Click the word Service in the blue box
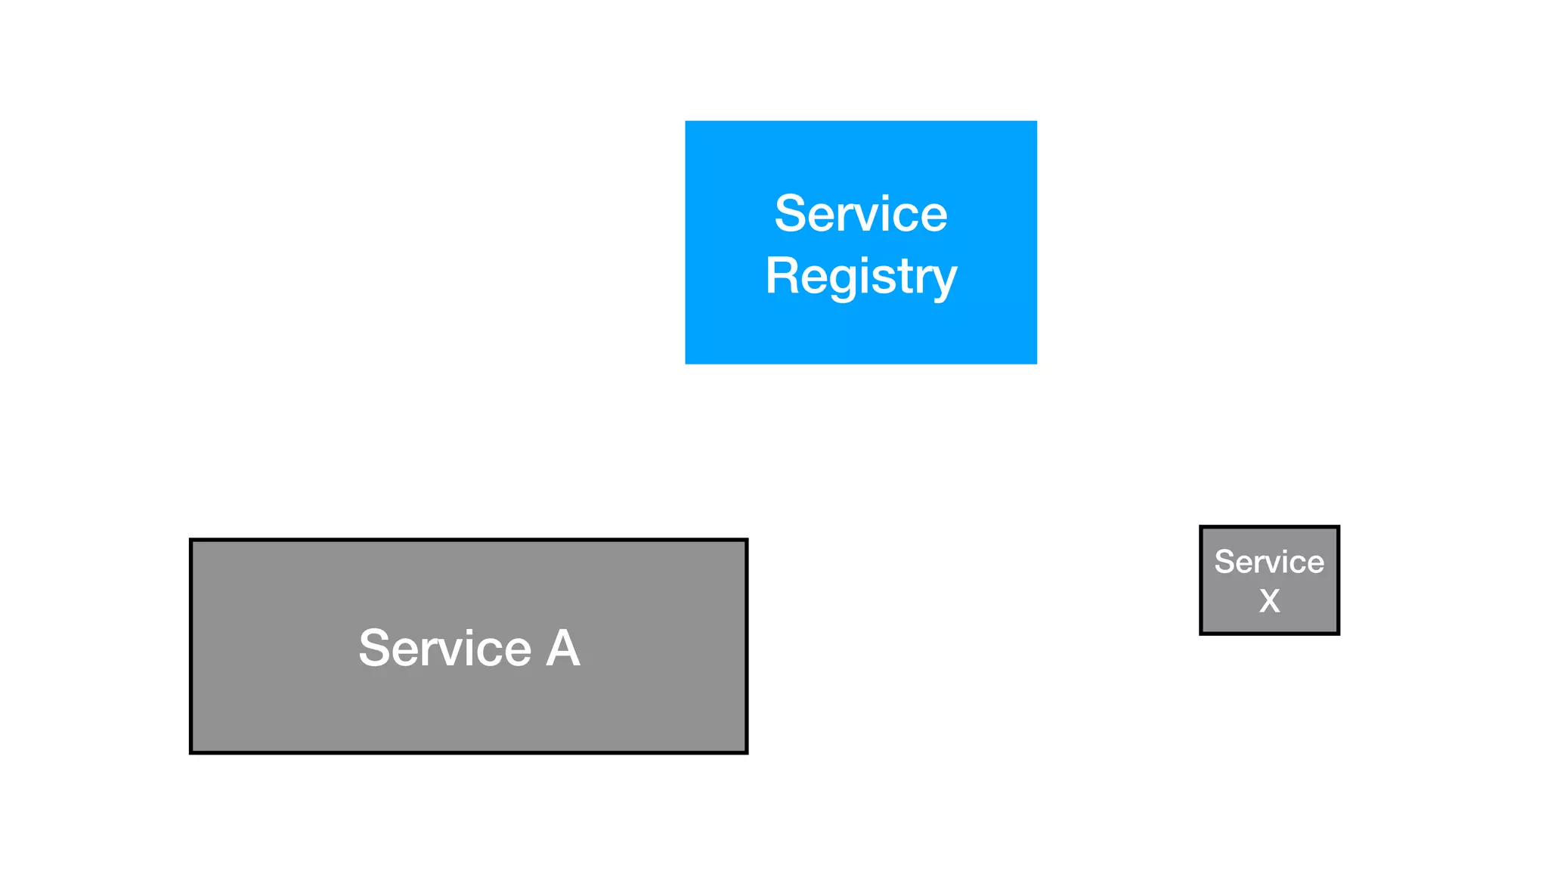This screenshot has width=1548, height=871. pyautogui.click(x=860, y=214)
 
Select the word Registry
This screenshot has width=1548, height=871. pyautogui.click(x=860, y=277)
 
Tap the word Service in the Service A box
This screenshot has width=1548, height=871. pyautogui.click(x=444, y=648)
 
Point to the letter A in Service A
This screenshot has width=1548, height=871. pyautogui.click(x=563, y=648)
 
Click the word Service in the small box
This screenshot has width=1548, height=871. pyautogui.click(x=1269, y=562)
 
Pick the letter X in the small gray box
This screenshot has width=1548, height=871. pyautogui.click(x=1270, y=601)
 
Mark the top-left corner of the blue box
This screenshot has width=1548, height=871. pyautogui.click(x=686, y=122)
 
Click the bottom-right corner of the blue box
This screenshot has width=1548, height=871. pyautogui.click(x=1036, y=363)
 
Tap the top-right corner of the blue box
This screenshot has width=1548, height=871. pyautogui.click(x=1036, y=122)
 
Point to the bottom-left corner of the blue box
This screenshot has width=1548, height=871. pyautogui.click(x=686, y=363)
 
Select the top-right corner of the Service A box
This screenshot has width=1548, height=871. pyautogui.click(x=747, y=540)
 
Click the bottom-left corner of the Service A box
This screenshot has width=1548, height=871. pyautogui.click(x=190, y=752)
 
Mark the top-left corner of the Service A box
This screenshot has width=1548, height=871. pyautogui.click(x=190, y=540)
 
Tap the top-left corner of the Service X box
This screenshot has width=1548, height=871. pyautogui.click(x=1201, y=527)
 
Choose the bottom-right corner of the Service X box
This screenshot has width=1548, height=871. pyautogui.click(x=1338, y=633)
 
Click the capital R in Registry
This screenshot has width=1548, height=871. pyautogui.click(x=783, y=275)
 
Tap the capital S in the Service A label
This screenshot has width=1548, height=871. pyautogui.click(x=376, y=648)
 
